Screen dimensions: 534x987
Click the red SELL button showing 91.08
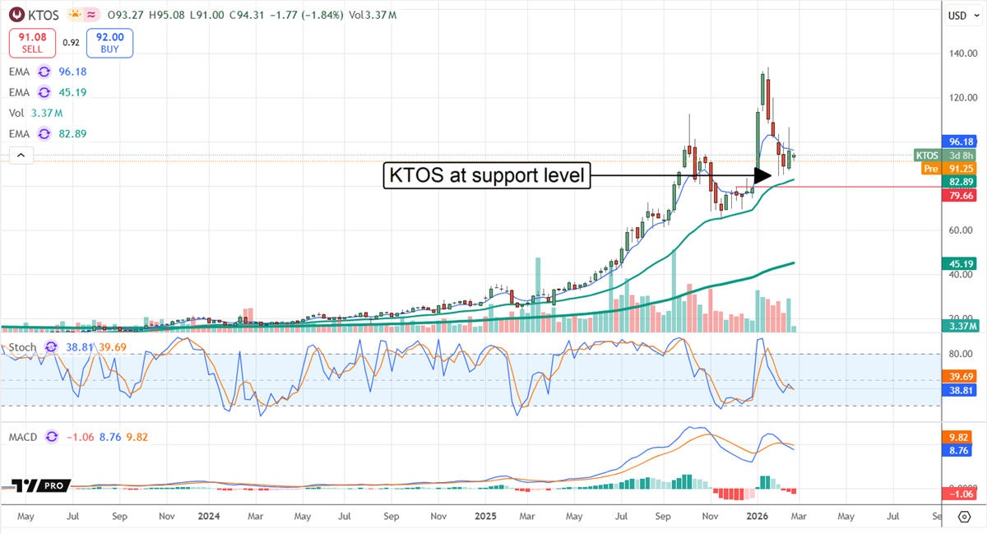pyautogui.click(x=33, y=43)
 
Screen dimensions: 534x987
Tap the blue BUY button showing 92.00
pyautogui.click(x=109, y=43)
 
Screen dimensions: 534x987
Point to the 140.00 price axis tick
pyautogui.click(x=956, y=54)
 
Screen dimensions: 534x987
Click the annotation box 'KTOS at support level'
pyautogui.click(x=488, y=175)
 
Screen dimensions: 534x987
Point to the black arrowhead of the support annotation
pyautogui.click(x=762, y=175)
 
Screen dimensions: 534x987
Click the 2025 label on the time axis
pyautogui.click(x=485, y=517)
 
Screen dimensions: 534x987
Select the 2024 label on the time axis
pyautogui.click(x=209, y=517)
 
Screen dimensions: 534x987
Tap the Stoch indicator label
pyautogui.click(x=22, y=347)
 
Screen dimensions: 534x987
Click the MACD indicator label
pyautogui.click(x=24, y=437)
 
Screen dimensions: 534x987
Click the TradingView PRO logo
pyautogui.click(x=41, y=486)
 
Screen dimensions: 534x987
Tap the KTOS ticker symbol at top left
pyautogui.click(x=39, y=14)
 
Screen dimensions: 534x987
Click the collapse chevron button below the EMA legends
pyautogui.click(x=21, y=155)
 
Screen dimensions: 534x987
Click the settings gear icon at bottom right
pyautogui.click(x=964, y=517)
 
